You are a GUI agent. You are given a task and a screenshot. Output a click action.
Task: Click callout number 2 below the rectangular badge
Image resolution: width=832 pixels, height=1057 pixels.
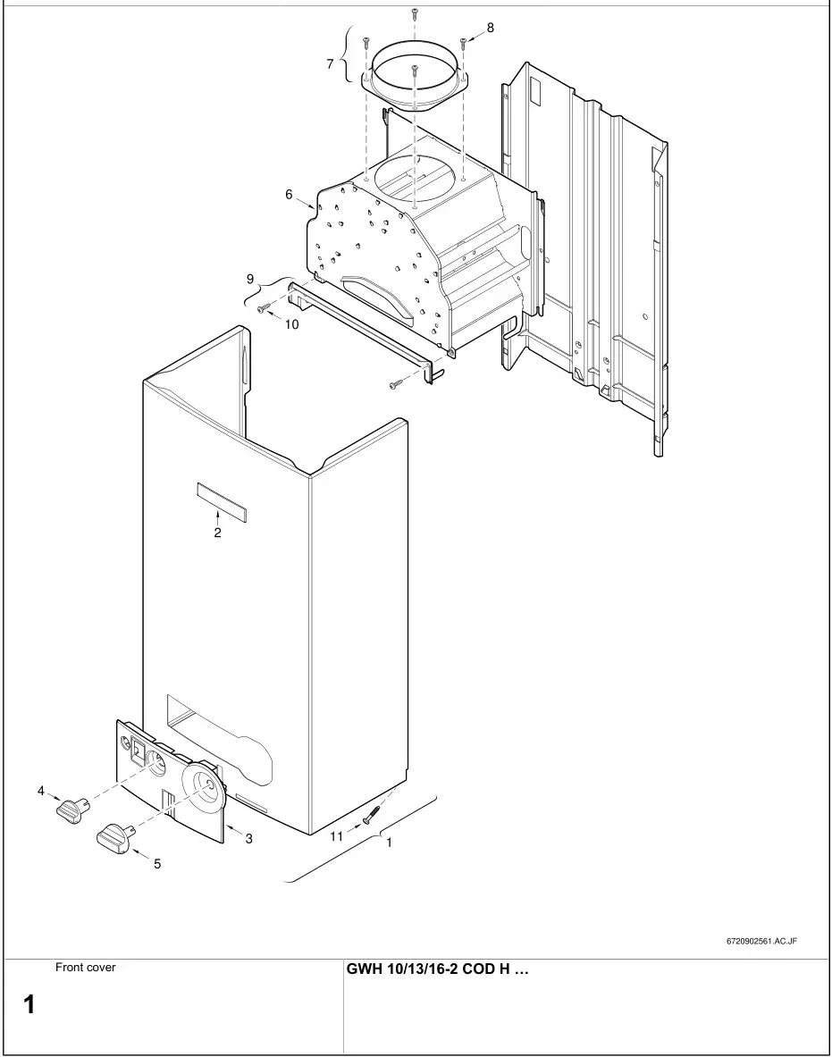pos(217,533)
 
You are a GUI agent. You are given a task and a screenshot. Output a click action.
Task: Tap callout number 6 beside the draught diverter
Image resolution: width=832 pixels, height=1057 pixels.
pos(289,194)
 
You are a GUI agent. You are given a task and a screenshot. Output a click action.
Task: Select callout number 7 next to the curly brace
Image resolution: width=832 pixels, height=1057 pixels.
pos(330,63)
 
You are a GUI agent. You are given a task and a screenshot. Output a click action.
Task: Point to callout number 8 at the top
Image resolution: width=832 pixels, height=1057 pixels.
pos(490,28)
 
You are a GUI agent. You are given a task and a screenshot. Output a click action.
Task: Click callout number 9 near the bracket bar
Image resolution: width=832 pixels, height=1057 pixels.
pos(250,279)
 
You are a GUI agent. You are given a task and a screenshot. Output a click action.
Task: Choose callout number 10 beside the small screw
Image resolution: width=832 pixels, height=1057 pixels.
pos(292,324)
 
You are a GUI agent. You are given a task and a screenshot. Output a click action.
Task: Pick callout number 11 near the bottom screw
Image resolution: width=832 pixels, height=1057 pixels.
pos(336,836)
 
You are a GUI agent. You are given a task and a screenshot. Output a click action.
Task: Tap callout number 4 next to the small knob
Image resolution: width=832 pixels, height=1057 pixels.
pos(40,790)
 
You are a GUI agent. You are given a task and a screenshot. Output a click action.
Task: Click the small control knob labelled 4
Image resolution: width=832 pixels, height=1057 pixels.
pos(70,809)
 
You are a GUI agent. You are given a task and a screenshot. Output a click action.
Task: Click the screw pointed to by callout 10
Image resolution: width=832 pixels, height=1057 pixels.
pos(263,309)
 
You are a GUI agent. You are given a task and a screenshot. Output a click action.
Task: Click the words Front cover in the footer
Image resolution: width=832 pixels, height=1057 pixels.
pos(85,967)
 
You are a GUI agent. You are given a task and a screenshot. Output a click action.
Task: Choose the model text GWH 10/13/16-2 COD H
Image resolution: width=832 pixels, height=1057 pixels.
pos(437,969)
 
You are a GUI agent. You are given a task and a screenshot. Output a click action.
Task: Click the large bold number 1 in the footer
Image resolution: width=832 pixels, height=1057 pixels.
pos(29,1004)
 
